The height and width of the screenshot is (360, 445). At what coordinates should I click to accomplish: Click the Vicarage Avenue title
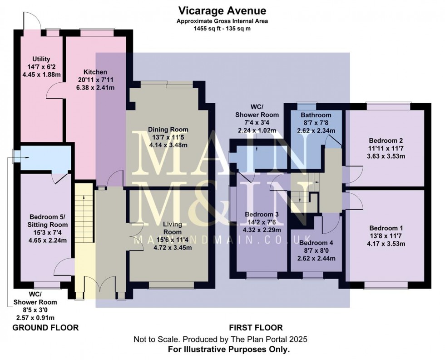click(x=222, y=10)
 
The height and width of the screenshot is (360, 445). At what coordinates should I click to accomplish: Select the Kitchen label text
click(x=95, y=72)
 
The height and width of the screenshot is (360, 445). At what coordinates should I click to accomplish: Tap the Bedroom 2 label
click(x=386, y=140)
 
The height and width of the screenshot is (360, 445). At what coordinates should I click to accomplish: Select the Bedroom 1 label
click(x=386, y=228)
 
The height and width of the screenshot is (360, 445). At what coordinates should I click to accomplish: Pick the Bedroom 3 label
click(x=261, y=215)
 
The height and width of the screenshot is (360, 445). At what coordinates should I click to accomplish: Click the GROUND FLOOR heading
click(x=45, y=328)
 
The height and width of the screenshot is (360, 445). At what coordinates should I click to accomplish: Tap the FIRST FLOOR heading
click(x=256, y=328)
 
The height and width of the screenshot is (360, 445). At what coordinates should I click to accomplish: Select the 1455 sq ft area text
click(x=222, y=28)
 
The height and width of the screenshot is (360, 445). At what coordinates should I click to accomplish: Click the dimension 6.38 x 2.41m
click(x=95, y=88)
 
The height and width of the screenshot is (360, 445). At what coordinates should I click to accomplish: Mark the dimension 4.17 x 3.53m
click(x=386, y=244)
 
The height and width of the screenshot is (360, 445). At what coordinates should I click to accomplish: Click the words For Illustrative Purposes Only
click(x=222, y=350)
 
